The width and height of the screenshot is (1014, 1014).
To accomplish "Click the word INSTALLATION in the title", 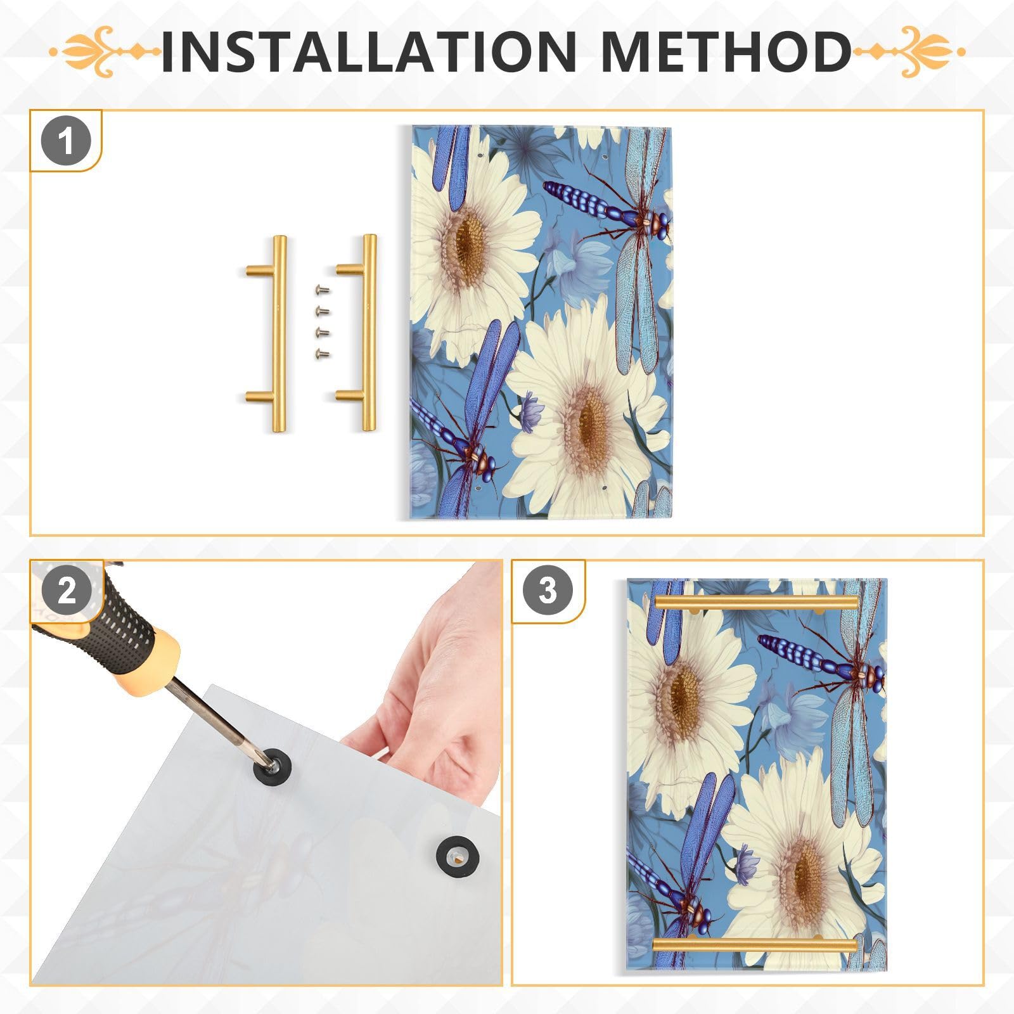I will click(368, 51).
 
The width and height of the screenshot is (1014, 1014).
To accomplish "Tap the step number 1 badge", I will click(66, 141).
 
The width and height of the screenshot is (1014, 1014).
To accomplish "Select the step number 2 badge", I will click(67, 591).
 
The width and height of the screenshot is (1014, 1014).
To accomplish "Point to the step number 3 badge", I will click(548, 591).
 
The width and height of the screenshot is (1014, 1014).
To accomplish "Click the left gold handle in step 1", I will click(277, 333).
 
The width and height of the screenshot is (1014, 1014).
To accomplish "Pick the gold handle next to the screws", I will click(367, 333).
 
